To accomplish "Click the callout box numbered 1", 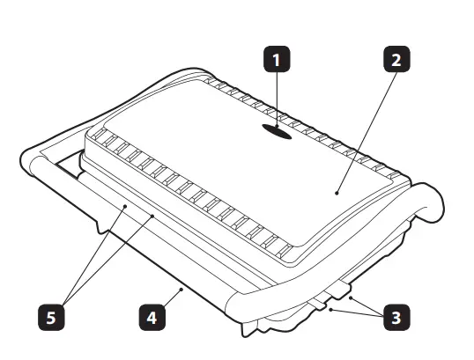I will (x=278, y=61).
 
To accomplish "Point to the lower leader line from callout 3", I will (x=356, y=311).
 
